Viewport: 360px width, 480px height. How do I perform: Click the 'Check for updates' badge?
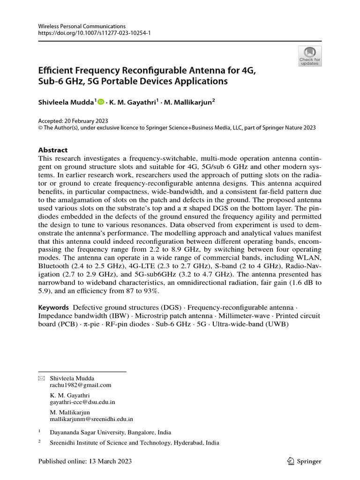310,56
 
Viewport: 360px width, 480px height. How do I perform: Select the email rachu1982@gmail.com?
81,385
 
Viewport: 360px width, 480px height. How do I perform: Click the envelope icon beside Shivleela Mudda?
41,378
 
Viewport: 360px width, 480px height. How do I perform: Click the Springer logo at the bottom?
304,461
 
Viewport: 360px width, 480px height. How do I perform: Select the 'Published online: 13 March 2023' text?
85,461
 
